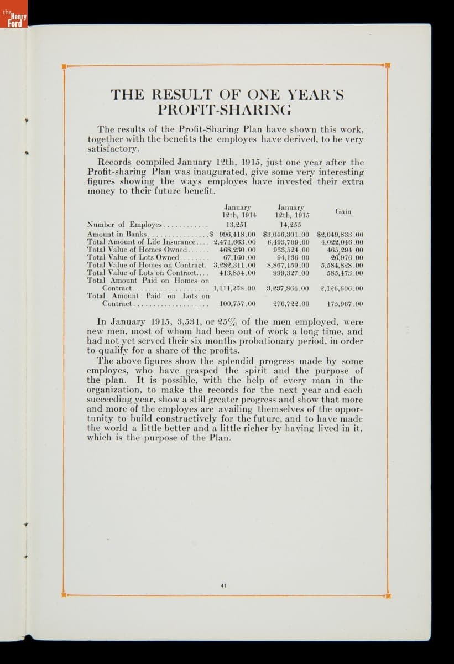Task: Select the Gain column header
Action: [x=343, y=211]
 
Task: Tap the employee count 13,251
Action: [x=236, y=225]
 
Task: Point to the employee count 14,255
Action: [x=290, y=225]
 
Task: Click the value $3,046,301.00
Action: [x=286, y=234]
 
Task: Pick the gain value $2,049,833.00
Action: [x=340, y=234]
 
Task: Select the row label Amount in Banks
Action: [x=117, y=234]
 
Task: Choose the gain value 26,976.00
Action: [x=347, y=257]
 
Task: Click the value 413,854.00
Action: [x=237, y=273]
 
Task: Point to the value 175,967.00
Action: [x=345, y=304]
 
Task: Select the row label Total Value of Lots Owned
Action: [x=133, y=257]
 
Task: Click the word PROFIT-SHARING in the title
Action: [x=225, y=109]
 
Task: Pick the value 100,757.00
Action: [x=237, y=304]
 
